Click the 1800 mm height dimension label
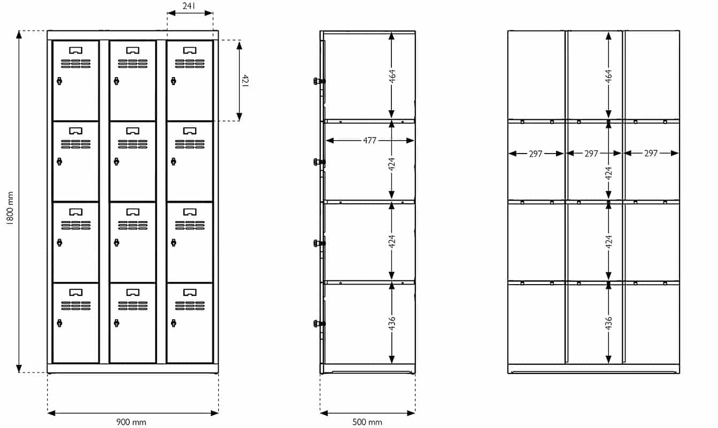click(x=10, y=208)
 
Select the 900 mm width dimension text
click(x=131, y=422)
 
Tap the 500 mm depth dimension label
click(x=367, y=422)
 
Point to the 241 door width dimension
click(x=189, y=6)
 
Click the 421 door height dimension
click(x=245, y=81)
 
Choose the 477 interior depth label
click(x=369, y=141)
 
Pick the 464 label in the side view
click(x=392, y=76)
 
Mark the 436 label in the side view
click(x=392, y=323)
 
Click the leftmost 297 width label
click(x=536, y=154)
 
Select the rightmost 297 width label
click(x=651, y=154)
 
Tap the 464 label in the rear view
click(x=609, y=76)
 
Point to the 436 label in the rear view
click(x=609, y=323)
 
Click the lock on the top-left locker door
click(x=59, y=81)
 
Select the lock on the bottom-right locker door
click(x=173, y=323)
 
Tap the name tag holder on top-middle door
click(x=133, y=50)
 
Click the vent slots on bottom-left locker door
click(x=75, y=306)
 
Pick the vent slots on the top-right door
click(x=190, y=64)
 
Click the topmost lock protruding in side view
click(x=319, y=81)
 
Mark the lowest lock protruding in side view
click(x=319, y=323)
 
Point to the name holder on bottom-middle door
click(x=133, y=292)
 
